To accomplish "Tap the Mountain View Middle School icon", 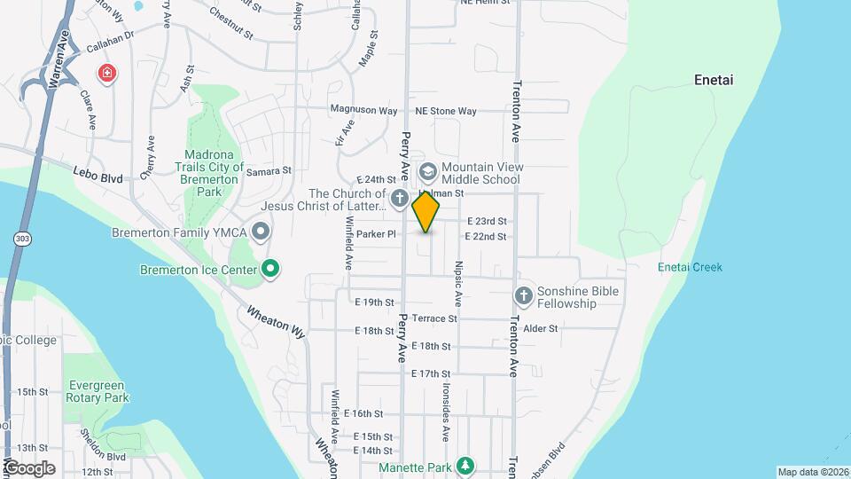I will [426, 170].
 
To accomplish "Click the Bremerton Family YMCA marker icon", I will [261, 233].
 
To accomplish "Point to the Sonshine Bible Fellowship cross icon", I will [523, 294].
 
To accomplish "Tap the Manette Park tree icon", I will [464, 467].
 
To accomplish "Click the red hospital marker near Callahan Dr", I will [107, 73].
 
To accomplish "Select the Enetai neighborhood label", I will [714, 81].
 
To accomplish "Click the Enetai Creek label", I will [690, 267].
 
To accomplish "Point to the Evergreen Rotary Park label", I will [97, 391].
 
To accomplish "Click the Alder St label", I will [540, 328].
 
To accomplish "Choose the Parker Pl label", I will [376, 234].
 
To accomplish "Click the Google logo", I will [29, 467].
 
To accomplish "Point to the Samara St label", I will [269, 171].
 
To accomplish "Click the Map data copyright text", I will [813, 472].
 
